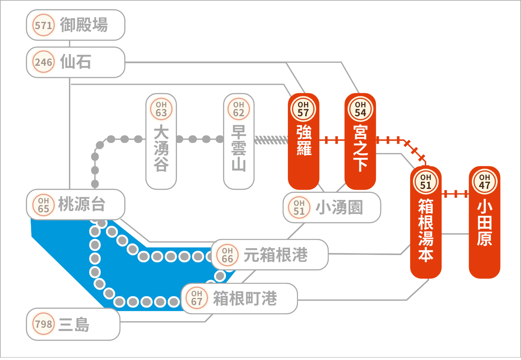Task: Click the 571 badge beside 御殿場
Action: (44, 25)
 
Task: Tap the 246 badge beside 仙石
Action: (44, 62)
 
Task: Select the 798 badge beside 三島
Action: (44, 324)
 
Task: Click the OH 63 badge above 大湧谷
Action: (161, 109)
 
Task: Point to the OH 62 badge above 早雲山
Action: (239, 109)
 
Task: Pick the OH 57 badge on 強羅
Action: (303, 109)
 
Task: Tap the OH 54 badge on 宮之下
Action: (360, 109)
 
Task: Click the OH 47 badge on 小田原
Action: (484, 182)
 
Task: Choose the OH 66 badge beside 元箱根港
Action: (227, 255)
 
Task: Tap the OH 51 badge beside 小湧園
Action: (299, 207)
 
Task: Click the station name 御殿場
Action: (84, 25)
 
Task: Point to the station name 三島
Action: (74, 324)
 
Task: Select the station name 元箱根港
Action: (275, 255)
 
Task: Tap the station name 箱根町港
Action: (245, 298)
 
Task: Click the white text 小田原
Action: (484, 224)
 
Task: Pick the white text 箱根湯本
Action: (426, 230)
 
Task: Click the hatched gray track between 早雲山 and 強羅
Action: (271, 140)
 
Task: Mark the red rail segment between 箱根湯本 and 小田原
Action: (455, 194)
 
